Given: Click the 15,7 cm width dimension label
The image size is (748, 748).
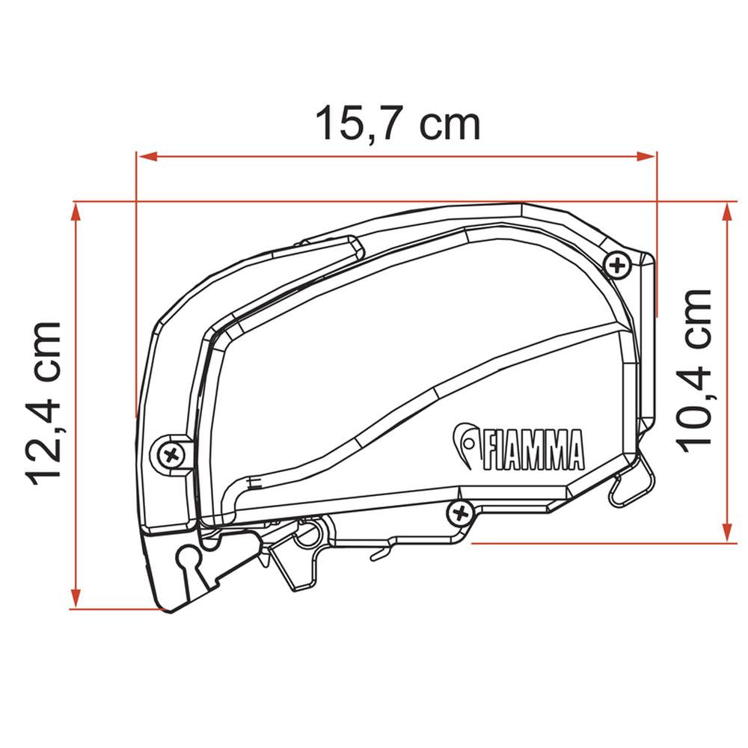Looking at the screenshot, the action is click(397, 123).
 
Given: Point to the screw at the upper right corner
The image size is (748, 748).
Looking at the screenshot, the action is click(617, 265).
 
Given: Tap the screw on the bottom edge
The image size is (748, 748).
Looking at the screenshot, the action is click(460, 513).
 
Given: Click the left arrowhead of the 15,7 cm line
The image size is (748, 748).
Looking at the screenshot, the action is click(147, 156).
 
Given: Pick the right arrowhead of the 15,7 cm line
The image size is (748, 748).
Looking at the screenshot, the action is click(646, 156).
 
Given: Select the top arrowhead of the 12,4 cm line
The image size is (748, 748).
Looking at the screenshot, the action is click(75, 212).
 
